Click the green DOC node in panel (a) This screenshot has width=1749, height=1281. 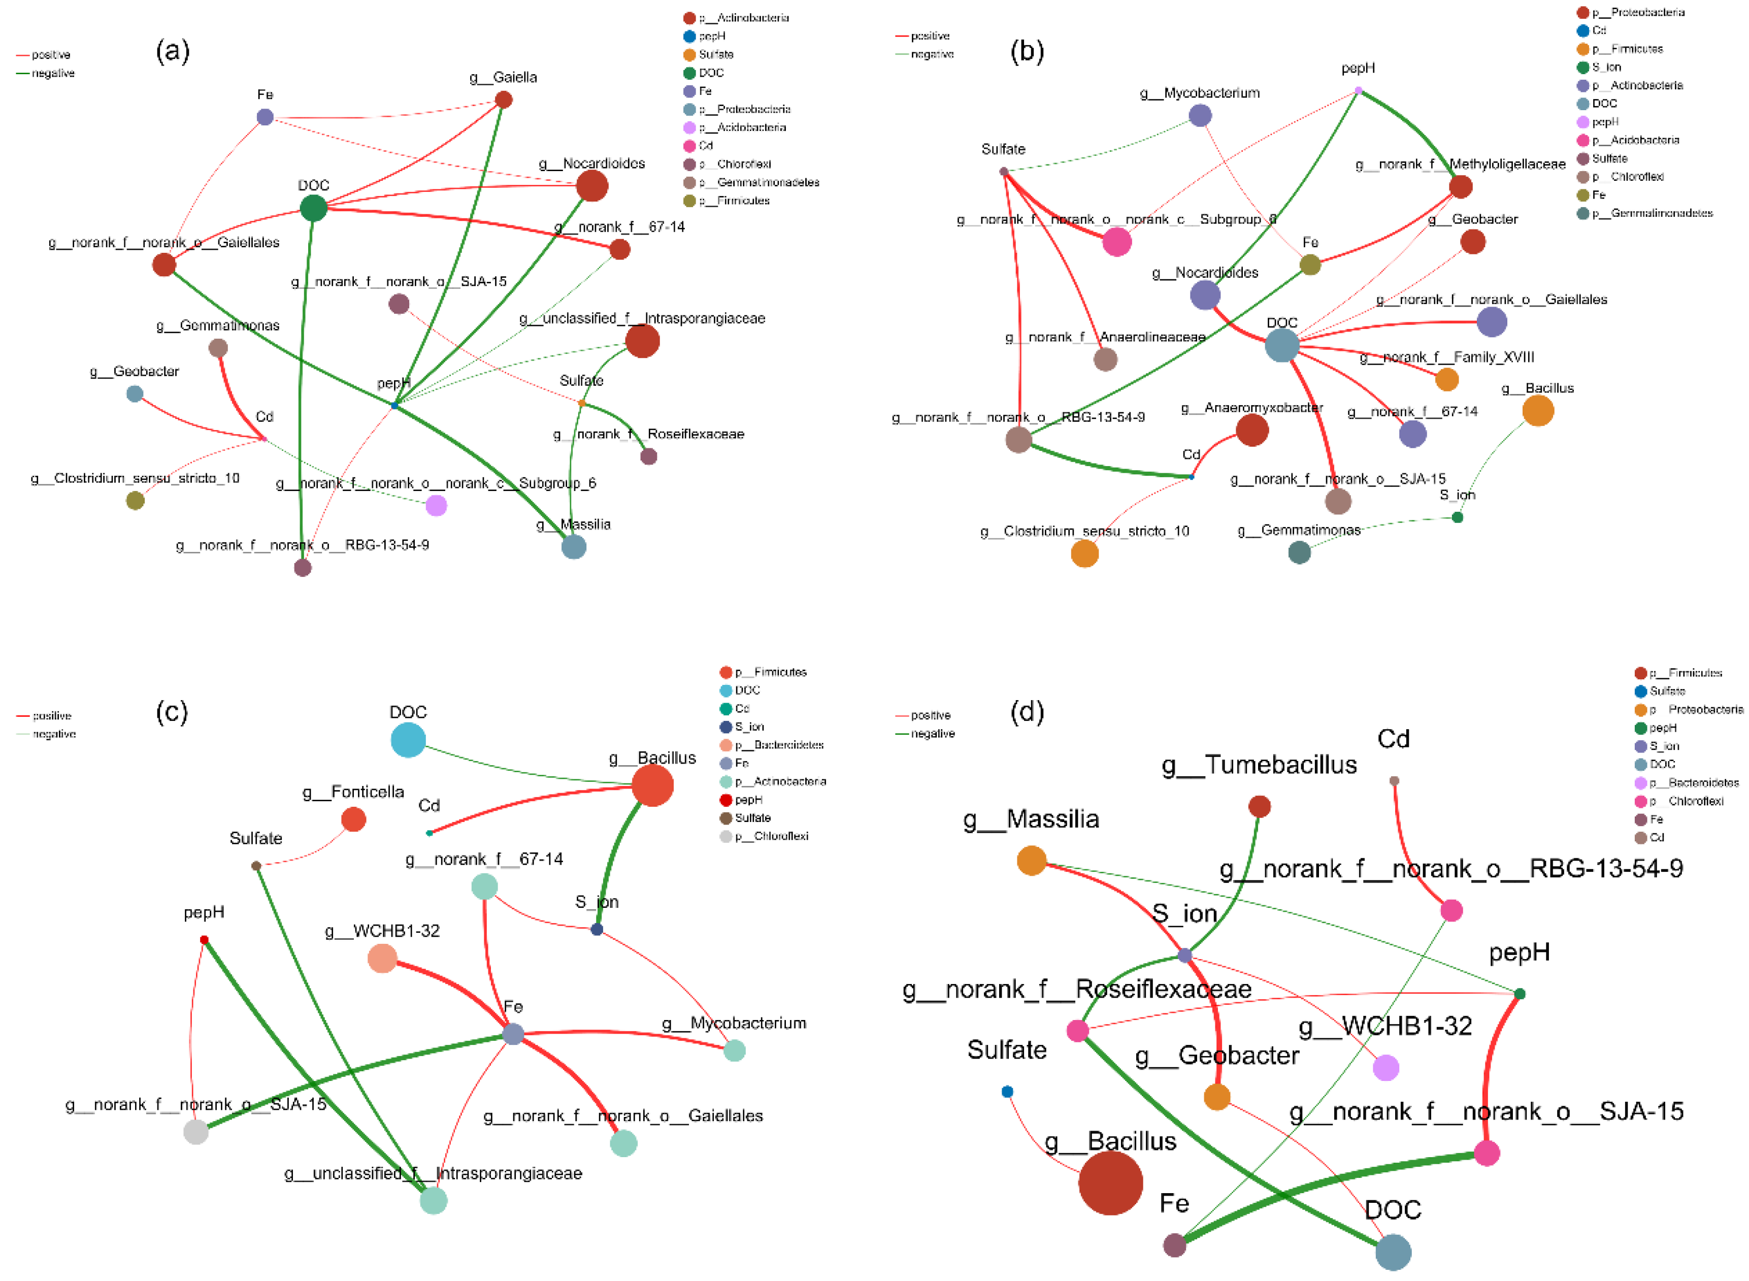(x=313, y=208)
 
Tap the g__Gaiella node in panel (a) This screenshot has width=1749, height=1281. (x=503, y=99)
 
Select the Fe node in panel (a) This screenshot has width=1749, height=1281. (x=265, y=117)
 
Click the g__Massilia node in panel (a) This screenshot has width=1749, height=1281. (x=574, y=547)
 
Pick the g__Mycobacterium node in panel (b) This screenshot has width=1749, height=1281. (x=1200, y=116)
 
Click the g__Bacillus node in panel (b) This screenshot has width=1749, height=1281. (x=1538, y=411)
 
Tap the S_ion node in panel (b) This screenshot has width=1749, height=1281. (x=1458, y=517)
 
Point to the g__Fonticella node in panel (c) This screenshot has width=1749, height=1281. (x=353, y=819)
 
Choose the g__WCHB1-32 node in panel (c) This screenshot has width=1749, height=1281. (x=382, y=959)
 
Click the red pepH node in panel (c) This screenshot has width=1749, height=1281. (x=204, y=940)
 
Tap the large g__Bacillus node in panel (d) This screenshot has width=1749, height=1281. (x=1110, y=1183)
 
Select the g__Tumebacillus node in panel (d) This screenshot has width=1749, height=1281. (x=1260, y=806)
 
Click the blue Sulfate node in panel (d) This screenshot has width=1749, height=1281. (x=1007, y=1092)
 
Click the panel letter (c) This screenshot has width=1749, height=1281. (x=172, y=711)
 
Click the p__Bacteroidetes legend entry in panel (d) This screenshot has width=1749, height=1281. (x=1686, y=782)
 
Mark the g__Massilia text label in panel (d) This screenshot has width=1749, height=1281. (x=1031, y=819)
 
